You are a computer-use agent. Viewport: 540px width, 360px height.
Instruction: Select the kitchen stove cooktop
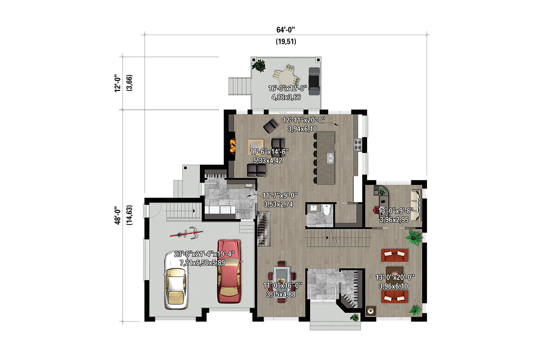(x=358, y=145)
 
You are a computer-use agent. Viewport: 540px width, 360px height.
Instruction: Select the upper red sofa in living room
(x=394, y=255)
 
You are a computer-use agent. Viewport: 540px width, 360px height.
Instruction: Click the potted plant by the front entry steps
(x=355, y=317)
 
